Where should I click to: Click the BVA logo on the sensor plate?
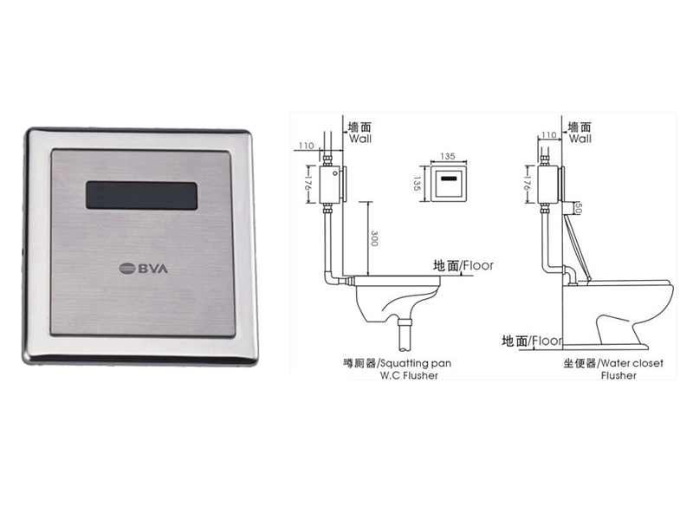[144, 269]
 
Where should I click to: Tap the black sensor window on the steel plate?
[141, 196]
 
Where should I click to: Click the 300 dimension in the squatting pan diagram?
[374, 238]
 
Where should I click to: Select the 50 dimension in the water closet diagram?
[579, 208]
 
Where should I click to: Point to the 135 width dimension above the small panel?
[448, 157]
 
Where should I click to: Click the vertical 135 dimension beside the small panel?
[416, 184]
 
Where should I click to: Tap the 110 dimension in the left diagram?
[307, 146]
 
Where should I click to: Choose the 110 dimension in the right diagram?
[548, 135]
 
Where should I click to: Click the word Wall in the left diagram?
[360, 139]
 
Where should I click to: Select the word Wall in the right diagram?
[580, 139]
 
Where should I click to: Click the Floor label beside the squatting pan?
[478, 266]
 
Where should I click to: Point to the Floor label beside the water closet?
[547, 341]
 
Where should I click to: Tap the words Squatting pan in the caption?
[416, 363]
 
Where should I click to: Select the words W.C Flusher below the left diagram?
[409, 376]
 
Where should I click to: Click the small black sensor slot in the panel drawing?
[449, 179]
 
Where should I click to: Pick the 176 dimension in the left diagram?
[308, 185]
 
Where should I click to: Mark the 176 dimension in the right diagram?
[527, 185]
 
